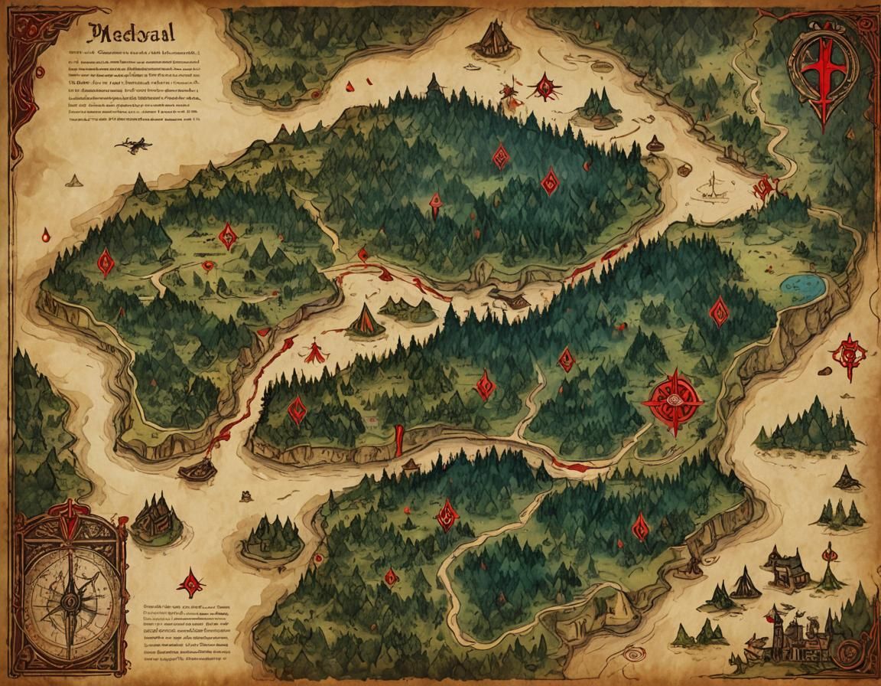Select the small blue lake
(803, 286)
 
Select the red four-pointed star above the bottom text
(190, 583)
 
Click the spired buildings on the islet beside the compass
(156, 519)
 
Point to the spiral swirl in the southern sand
(634, 655)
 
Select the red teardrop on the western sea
(47, 235)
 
